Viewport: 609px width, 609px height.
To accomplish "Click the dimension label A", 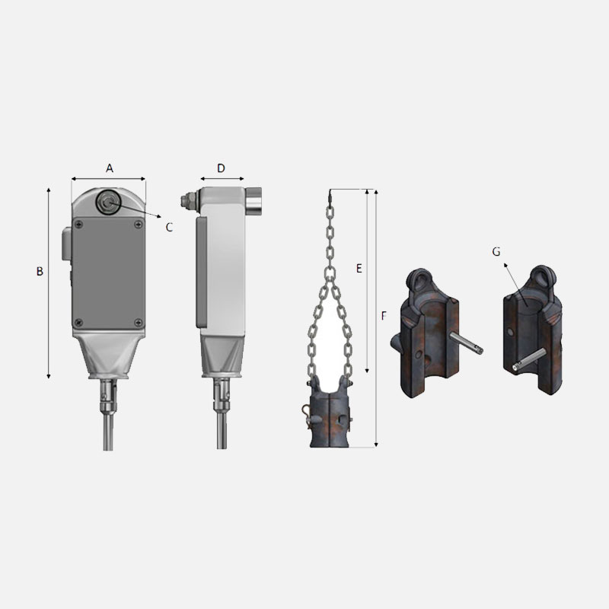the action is click(110, 168).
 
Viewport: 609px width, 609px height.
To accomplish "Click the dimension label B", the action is click(40, 271).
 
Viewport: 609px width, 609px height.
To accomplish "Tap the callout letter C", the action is click(169, 227).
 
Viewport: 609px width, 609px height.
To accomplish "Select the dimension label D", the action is click(221, 168).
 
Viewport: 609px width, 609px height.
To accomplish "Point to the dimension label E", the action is click(359, 269).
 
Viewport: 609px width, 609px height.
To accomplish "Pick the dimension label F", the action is click(384, 316).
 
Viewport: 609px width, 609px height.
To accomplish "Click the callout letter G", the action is click(496, 252).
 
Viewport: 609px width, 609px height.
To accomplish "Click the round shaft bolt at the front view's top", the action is click(109, 202).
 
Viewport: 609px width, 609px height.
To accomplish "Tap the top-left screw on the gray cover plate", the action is click(79, 224).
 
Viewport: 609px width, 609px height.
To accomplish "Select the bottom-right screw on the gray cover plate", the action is click(139, 322).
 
